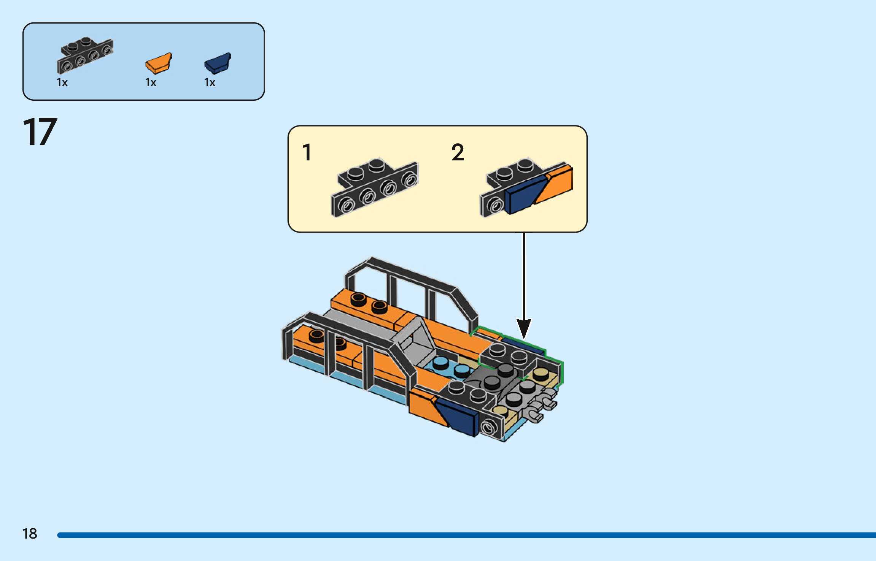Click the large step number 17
click(x=40, y=132)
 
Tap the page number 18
click(x=30, y=534)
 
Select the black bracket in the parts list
click(x=85, y=56)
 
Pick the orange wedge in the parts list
click(x=159, y=63)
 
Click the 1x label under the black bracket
click(x=62, y=83)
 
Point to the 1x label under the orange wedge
click(x=151, y=83)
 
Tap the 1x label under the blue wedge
click(x=210, y=83)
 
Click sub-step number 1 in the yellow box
click(x=307, y=152)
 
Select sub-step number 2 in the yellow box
click(x=458, y=152)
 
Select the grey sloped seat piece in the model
click(x=415, y=340)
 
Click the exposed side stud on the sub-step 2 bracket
click(x=495, y=206)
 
